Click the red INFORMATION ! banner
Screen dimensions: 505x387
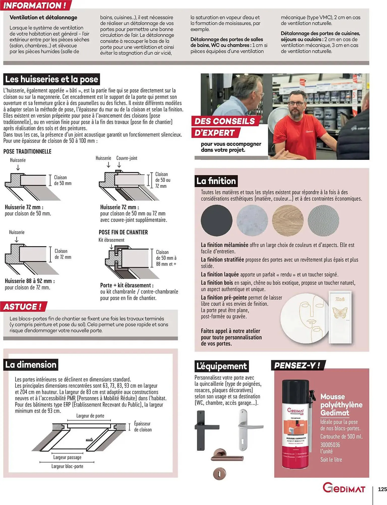click(x=35, y=5)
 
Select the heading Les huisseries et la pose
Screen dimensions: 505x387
click(x=51, y=79)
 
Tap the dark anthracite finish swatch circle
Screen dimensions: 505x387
click(x=216, y=220)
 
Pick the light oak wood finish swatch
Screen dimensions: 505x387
click(x=288, y=220)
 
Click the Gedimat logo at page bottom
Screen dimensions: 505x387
click(x=344, y=488)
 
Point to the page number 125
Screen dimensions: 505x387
click(x=382, y=489)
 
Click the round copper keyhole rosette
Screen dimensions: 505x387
click(x=219, y=473)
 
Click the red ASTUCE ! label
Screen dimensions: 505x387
click(x=23, y=307)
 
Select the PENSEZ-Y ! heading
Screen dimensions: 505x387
click(x=297, y=365)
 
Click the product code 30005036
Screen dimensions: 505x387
click(x=330, y=445)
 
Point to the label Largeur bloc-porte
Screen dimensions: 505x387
click(x=67, y=466)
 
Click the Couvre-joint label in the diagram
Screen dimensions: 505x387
click(x=127, y=158)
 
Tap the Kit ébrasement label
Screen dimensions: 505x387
click(x=111, y=240)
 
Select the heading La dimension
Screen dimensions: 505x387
click(x=31, y=365)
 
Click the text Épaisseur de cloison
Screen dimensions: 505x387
click(x=143, y=427)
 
